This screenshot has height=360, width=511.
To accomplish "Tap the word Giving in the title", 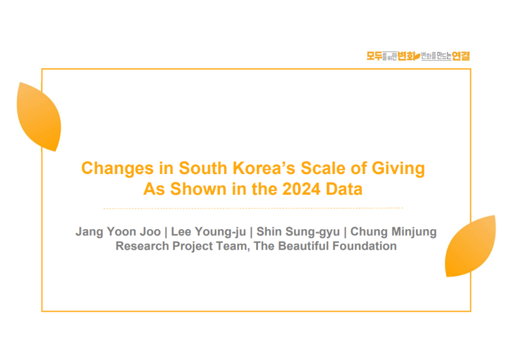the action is click(398, 169).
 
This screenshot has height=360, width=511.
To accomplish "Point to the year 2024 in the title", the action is click(301, 189).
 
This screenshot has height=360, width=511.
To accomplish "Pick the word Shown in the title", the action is click(198, 189).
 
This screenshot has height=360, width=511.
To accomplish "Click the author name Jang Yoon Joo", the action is click(118, 232).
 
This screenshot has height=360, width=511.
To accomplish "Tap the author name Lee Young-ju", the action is click(209, 232).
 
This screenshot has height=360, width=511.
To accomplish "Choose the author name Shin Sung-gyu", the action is click(298, 232).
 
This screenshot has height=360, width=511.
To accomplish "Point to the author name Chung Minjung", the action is click(393, 232).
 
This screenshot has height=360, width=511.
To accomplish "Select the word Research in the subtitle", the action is click(142, 246).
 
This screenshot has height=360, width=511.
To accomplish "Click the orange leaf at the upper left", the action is click(39, 116).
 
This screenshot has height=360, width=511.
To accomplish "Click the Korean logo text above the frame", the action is click(418, 56).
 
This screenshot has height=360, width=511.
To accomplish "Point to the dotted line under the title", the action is click(253, 208).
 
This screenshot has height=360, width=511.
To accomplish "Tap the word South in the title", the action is click(203, 168).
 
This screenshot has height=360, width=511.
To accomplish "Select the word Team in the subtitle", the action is click(233, 247).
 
